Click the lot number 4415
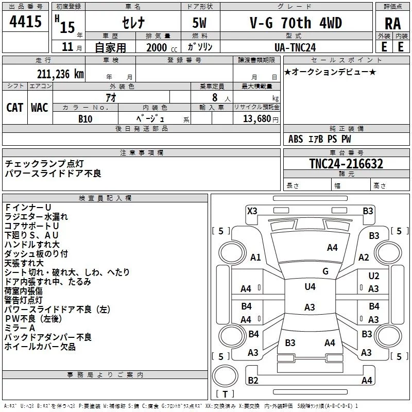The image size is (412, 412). click(x=26, y=22)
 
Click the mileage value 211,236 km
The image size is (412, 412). click(x=60, y=74)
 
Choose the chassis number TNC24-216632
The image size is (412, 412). click(x=346, y=164)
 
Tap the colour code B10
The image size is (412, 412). click(x=85, y=118)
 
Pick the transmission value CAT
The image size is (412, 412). click(x=14, y=107)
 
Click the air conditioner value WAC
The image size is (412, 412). click(x=39, y=107)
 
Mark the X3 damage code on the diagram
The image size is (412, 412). click(x=252, y=211)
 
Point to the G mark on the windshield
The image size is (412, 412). click(x=325, y=271)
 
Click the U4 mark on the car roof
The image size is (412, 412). click(x=310, y=287)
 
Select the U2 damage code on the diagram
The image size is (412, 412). click(x=374, y=276)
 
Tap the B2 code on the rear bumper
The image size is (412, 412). click(x=253, y=381)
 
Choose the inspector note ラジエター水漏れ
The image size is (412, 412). click(x=36, y=216)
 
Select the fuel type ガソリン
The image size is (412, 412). click(x=200, y=46)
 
